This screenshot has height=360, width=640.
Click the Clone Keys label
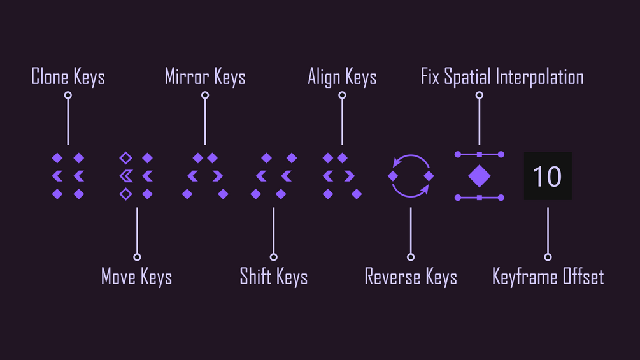68,77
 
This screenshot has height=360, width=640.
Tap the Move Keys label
136,277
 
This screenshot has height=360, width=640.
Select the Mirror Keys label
205,77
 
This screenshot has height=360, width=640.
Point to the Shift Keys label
274,277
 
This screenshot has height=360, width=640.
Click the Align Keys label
342,77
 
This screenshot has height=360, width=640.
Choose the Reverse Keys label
411,277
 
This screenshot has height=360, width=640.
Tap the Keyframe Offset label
548,277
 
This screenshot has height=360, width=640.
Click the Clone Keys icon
68,176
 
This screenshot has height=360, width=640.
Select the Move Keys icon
136,176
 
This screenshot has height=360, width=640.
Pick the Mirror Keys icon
205,176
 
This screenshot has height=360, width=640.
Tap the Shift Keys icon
274,176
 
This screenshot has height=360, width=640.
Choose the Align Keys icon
342,176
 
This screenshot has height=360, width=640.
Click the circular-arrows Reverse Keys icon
411,176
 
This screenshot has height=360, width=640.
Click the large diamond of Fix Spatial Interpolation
480,176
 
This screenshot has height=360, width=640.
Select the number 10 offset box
548,176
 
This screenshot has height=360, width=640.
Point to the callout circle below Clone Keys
68,96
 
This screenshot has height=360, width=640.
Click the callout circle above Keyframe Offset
548,257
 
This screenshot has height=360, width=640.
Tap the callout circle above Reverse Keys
411,257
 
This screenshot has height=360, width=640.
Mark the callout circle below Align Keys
342,96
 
